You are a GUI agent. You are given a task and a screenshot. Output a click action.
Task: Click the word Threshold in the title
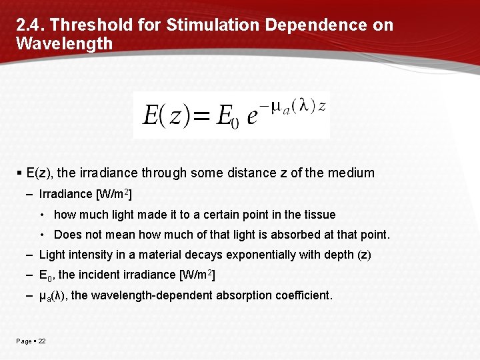coord(87,25)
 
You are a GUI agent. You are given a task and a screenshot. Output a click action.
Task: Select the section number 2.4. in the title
coord(31,25)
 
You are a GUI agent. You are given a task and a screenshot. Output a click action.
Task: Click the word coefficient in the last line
coord(303,295)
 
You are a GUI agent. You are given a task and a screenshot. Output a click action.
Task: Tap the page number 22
coord(41,341)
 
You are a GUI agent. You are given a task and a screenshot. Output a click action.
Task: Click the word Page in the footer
coord(23,341)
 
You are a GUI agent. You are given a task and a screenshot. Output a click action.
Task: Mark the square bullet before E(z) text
coord(19,173)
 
